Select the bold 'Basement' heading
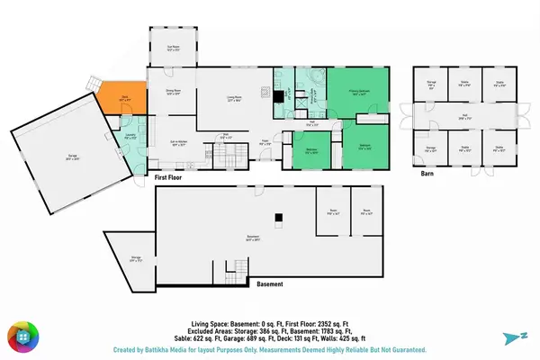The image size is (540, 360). click(269, 283)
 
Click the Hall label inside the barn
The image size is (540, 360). click(464, 118)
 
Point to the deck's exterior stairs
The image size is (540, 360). click(94, 83)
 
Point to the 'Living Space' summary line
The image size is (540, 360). click(269, 320)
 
